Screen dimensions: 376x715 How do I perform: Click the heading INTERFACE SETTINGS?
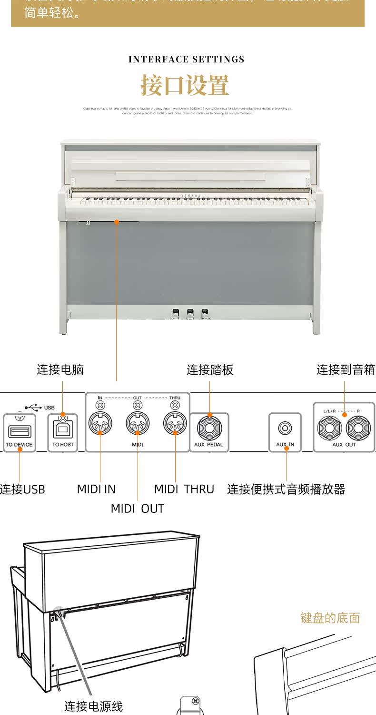click(187, 60)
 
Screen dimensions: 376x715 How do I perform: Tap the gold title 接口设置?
click(185, 85)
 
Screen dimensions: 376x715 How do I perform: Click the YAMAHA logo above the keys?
click(190, 196)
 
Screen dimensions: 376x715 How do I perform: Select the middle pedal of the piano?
click(190, 314)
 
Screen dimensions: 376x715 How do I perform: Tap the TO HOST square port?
click(63, 429)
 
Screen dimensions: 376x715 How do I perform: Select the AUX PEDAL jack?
click(209, 427)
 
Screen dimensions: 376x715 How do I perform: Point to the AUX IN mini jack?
click(285, 428)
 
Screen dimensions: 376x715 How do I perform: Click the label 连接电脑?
click(60, 369)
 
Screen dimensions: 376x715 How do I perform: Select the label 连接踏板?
click(210, 370)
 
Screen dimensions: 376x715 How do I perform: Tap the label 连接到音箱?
click(346, 369)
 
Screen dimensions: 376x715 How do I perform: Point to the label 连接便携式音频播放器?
click(286, 489)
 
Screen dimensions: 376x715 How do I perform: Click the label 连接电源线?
click(93, 706)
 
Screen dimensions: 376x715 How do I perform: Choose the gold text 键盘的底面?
click(330, 618)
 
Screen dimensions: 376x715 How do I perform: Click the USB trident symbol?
click(33, 408)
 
